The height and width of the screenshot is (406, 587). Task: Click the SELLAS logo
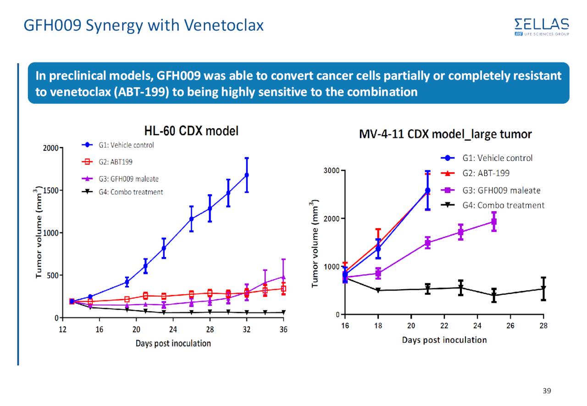click(542, 27)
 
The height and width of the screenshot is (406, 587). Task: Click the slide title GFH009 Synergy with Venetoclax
click(144, 25)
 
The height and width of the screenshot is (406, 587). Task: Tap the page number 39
click(546, 391)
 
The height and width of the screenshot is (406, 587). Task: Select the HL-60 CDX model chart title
click(191, 132)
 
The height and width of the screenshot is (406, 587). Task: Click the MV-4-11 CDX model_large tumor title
click(445, 135)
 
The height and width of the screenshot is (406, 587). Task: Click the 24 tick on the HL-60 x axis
click(173, 329)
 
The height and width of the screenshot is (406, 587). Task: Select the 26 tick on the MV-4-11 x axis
click(510, 325)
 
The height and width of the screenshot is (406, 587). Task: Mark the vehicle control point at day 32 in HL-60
click(247, 175)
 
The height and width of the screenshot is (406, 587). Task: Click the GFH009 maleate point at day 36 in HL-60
click(283, 277)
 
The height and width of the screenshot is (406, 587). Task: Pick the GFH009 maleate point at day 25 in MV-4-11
click(494, 222)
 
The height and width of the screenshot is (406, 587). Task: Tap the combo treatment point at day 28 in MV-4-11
click(543, 289)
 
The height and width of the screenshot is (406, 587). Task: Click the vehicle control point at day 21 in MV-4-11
click(427, 190)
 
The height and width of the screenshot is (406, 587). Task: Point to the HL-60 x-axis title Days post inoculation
click(173, 343)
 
